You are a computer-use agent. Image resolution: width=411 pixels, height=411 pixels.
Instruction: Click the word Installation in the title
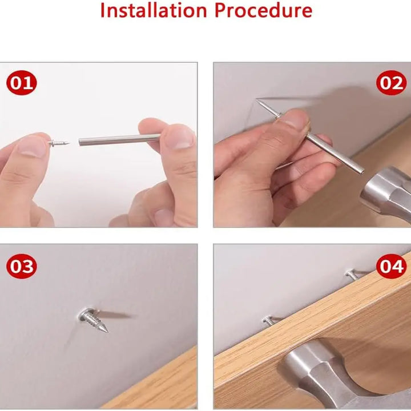tap(152, 10)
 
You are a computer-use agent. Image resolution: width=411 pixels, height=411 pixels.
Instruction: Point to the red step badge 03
tap(21, 267)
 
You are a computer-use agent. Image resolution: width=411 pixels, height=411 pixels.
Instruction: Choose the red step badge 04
tap(391, 267)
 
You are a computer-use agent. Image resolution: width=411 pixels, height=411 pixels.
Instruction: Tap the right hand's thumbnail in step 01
tap(179, 137)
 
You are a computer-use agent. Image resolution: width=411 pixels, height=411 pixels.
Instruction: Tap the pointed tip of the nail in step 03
tap(105, 329)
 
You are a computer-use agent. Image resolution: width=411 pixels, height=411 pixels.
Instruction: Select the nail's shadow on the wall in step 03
tap(117, 315)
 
